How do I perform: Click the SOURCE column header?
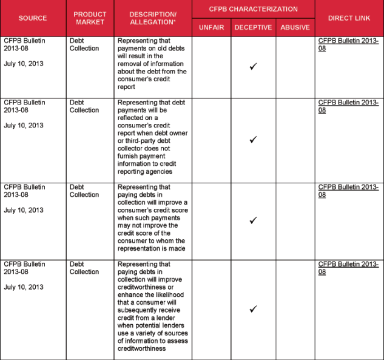tap(33, 18)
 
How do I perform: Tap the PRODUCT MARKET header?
tap(90, 18)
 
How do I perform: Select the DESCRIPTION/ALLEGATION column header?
tap(153, 18)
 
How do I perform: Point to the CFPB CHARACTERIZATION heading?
tap(254, 9)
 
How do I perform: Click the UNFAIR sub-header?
tap(212, 27)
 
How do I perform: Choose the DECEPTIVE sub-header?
tap(254, 27)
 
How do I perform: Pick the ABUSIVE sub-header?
tap(295, 27)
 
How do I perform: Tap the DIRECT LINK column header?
tap(349, 18)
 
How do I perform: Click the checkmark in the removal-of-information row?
tap(254, 66)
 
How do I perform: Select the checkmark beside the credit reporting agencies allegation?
tap(254, 140)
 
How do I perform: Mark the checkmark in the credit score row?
tap(254, 220)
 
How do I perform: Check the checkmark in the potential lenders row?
tap(254, 309)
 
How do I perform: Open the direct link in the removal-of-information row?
tap(348, 44)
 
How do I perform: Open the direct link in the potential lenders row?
tap(348, 268)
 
